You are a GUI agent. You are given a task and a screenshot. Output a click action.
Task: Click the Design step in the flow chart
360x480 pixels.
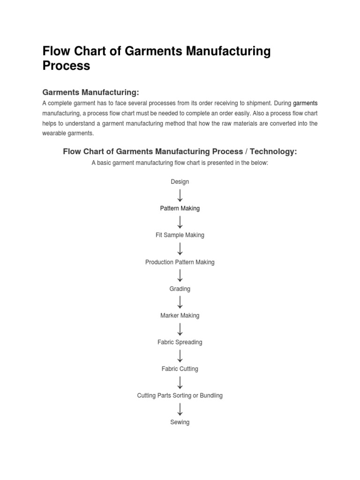pos(180,181)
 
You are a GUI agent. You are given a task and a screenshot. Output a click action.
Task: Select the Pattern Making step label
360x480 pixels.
pos(180,208)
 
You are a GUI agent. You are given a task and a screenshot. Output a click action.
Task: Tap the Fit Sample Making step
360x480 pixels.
pos(180,235)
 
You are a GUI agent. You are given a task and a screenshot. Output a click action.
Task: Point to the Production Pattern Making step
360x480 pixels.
pos(180,262)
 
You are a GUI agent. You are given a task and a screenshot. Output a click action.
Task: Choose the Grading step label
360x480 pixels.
pos(180,289)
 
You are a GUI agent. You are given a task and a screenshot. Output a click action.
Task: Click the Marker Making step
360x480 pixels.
pos(180,315)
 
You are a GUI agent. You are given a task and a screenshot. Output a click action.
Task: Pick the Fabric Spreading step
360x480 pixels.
pos(180,342)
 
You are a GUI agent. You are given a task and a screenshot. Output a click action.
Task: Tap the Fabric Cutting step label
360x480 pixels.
pos(180,369)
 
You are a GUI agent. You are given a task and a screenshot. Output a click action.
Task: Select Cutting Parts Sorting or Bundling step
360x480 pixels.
pos(180,396)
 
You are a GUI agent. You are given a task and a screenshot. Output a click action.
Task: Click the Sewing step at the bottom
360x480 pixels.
pos(180,422)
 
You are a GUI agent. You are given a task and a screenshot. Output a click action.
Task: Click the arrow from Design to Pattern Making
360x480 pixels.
pos(180,195)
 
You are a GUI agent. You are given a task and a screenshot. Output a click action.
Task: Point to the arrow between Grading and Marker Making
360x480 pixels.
pos(180,302)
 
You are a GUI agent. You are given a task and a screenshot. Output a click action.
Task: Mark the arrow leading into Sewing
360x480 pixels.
pos(180,409)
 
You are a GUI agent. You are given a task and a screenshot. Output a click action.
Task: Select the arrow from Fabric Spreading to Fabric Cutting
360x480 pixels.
pos(180,355)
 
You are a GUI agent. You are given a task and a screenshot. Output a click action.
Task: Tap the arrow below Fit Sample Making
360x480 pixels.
pos(180,248)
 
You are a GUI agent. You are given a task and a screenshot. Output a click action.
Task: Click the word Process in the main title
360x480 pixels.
pos(66,66)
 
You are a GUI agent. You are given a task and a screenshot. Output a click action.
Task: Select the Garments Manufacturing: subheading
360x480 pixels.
pos(91,92)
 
